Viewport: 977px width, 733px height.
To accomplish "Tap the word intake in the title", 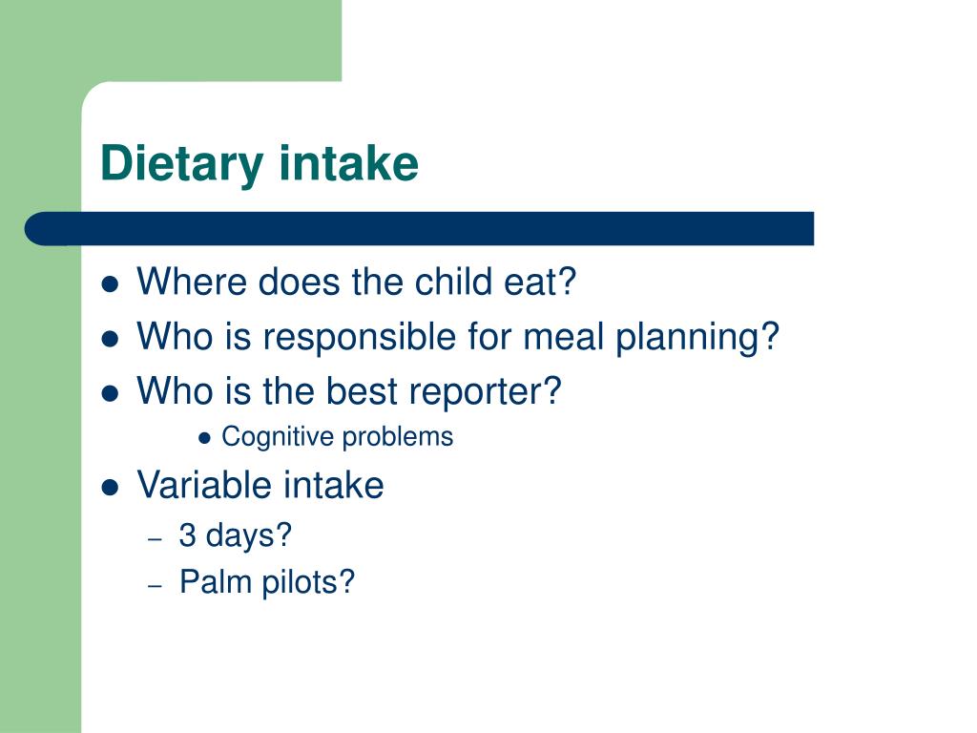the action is click(x=348, y=162).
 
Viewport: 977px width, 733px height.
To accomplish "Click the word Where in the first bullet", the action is click(x=192, y=282).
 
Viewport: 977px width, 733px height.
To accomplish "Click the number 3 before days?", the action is click(x=188, y=535).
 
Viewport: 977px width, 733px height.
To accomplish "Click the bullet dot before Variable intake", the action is click(x=110, y=487).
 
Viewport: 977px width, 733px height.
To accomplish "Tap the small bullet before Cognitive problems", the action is click(x=204, y=439).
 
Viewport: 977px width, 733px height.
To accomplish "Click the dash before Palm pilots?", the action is click(x=156, y=586).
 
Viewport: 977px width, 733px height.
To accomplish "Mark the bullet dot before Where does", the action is click(x=110, y=284).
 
